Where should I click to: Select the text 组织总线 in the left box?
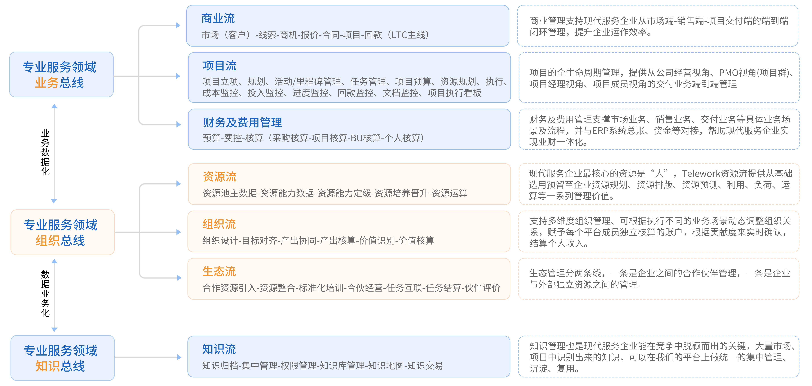point(60,240)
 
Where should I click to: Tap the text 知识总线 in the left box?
point(60,366)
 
